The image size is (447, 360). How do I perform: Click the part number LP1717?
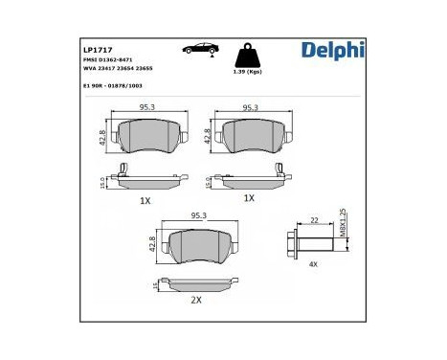coord(99,48)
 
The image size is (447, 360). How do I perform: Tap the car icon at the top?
coord(199,48)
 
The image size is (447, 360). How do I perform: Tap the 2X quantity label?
coord(195,300)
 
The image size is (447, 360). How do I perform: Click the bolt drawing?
coord(309,240)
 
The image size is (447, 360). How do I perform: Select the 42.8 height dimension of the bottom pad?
coord(152,243)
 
